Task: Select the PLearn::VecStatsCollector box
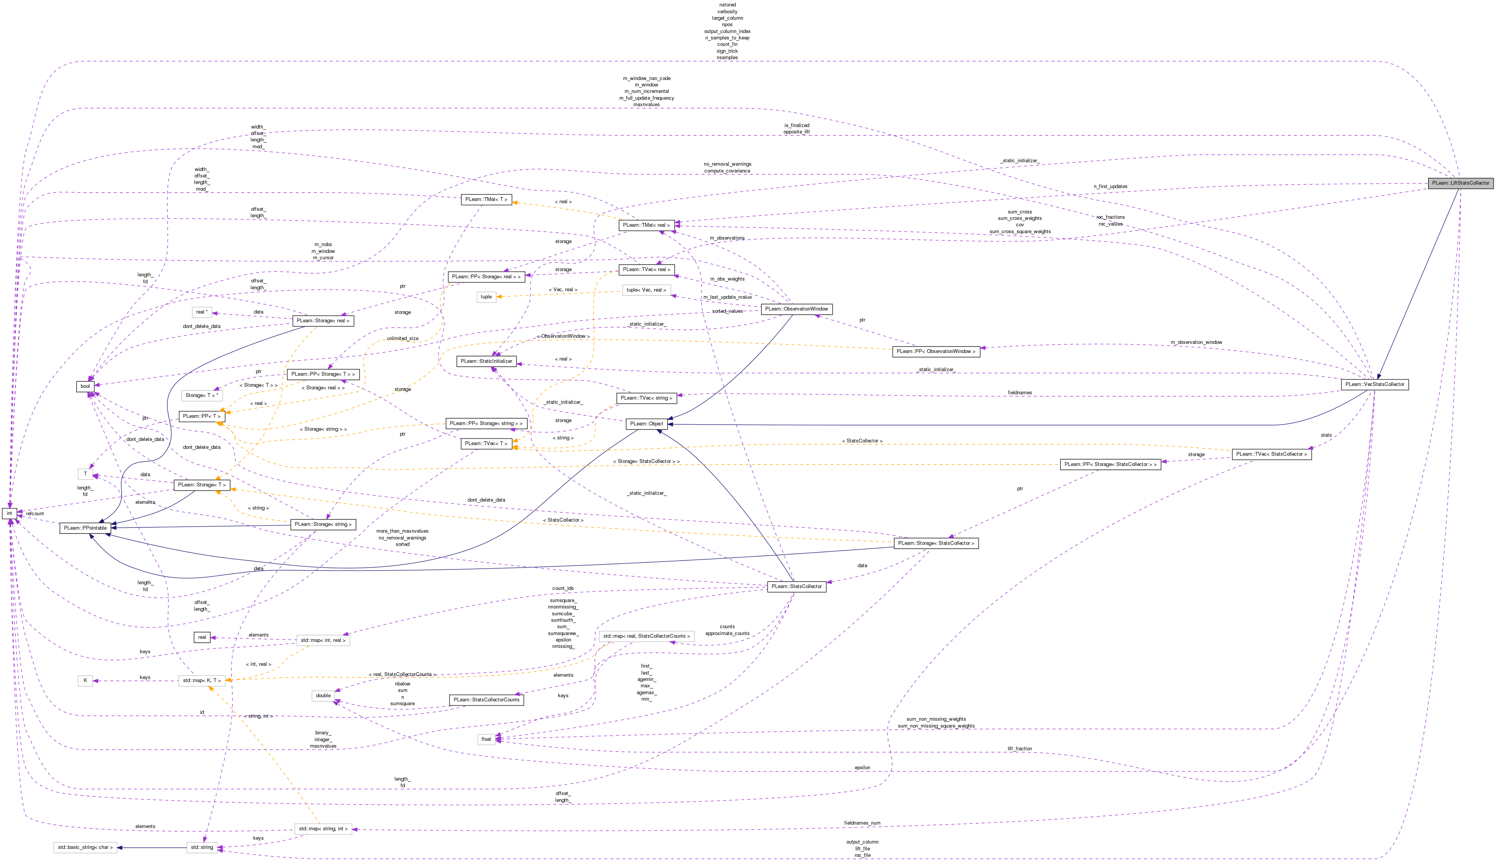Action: [x=1374, y=384]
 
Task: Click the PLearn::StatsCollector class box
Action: [x=796, y=587]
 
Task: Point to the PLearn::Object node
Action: [x=647, y=424]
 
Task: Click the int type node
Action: [x=9, y=513]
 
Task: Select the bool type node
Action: [x=85, y=387]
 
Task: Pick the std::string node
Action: [x=202, y=847]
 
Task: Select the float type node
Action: [x=486, y=739]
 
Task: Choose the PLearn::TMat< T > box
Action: [x=486, y=200]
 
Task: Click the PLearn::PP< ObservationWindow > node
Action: [x=936, y=351]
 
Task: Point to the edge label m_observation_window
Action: [x=1196, y=342]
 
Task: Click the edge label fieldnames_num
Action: [x=862, y=823]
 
